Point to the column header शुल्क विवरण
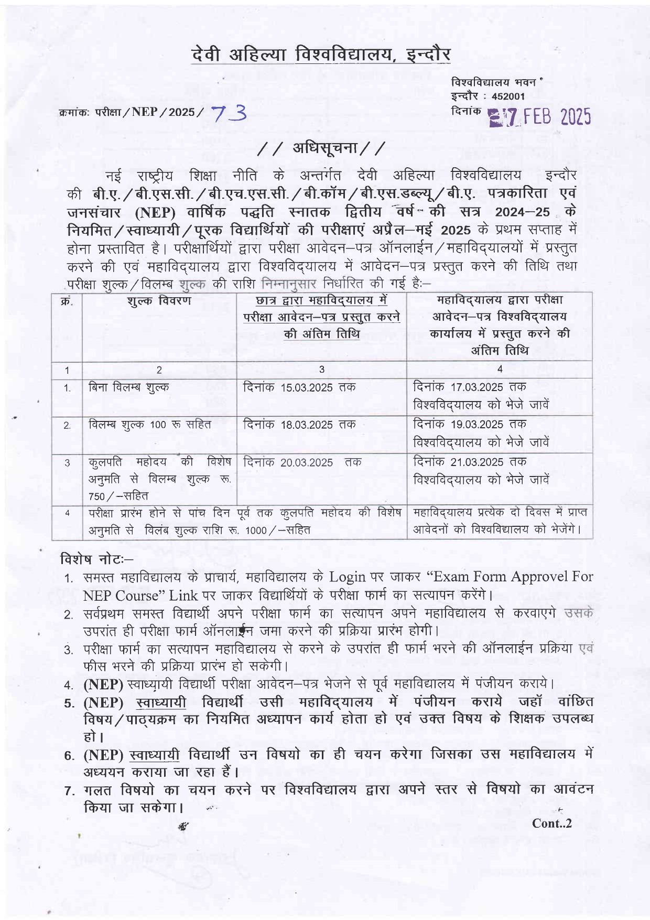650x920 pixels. tap(159, 301)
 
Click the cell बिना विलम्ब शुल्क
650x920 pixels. tap(129, 387)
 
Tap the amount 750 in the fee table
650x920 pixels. tap(96, 496)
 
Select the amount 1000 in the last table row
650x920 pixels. tap(256, 531)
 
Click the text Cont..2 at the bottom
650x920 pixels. tap(551, 823)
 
